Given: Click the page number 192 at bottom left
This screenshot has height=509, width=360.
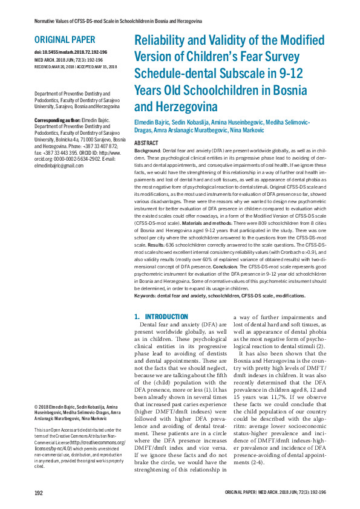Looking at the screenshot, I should click(39, 493).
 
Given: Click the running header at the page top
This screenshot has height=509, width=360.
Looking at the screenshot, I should click(109, 21).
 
